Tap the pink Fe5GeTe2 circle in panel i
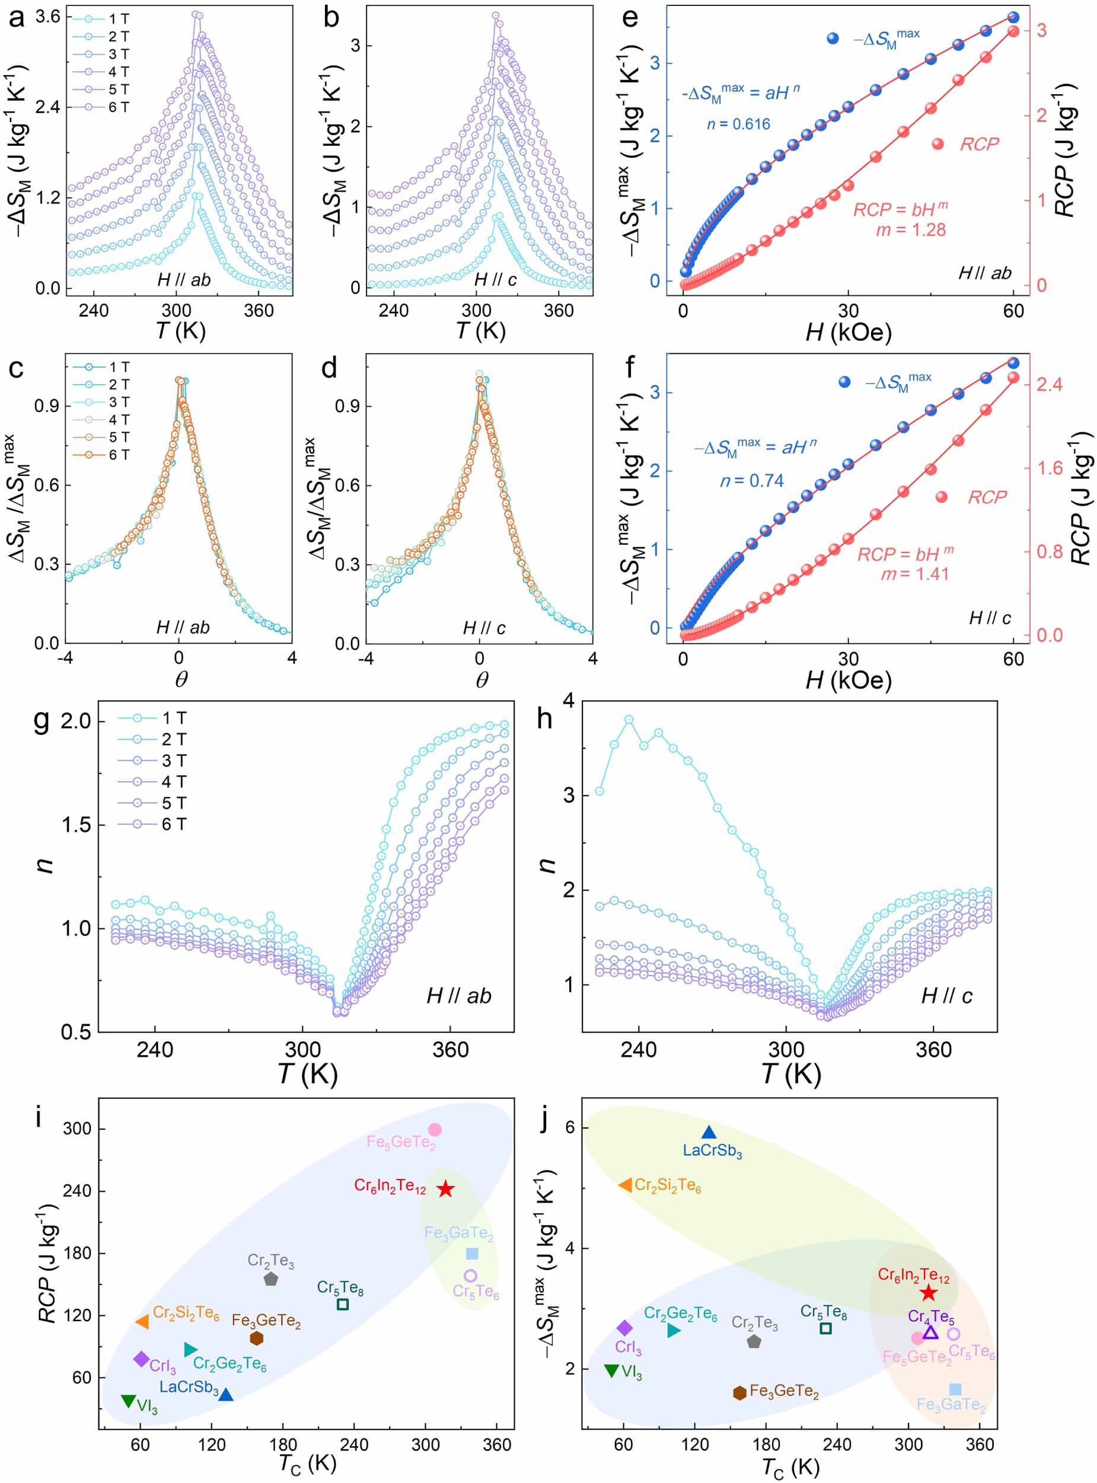point(435,1130)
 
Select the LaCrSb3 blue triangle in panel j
point(709,1133)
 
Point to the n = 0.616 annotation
point(738,124)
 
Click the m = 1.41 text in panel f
point(914,574)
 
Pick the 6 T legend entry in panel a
point(118,107)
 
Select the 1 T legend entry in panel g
point(174,718)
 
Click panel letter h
point(544,718)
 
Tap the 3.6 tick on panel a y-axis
point(48,17)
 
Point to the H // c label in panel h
point(946,996)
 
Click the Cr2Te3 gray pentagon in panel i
point(271,1279)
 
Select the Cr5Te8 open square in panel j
point(825,1328)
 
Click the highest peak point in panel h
point(629,720)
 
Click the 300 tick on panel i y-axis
point(77,1129)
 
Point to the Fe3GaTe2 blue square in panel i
point(472,1253)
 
